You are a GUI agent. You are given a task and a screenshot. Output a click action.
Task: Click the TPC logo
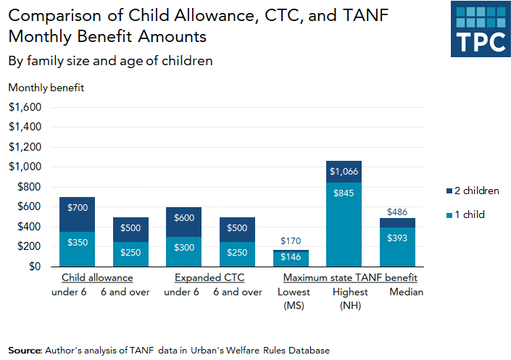coord(478,29)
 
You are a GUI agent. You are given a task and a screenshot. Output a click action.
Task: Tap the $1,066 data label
coord(344,172)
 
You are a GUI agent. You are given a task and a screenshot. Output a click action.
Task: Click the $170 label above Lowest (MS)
coord(290,241)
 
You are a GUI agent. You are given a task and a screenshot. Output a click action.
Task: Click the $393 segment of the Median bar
coord(397,246)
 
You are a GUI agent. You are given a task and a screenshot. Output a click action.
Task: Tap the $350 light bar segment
coord(77,248)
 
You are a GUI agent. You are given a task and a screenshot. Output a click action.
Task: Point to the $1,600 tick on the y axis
coord(25,106)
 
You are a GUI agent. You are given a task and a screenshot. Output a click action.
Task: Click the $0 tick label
coord(35,267)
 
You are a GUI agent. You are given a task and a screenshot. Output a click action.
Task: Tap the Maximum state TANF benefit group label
coord(350,277)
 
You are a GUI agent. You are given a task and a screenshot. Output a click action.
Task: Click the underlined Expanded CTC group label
coord(209,277)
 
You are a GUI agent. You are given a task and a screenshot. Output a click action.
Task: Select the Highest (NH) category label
coord(350,298)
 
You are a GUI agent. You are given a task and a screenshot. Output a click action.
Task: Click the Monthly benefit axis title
coord(46,88)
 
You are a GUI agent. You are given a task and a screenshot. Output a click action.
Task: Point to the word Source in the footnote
coord(25,350)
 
